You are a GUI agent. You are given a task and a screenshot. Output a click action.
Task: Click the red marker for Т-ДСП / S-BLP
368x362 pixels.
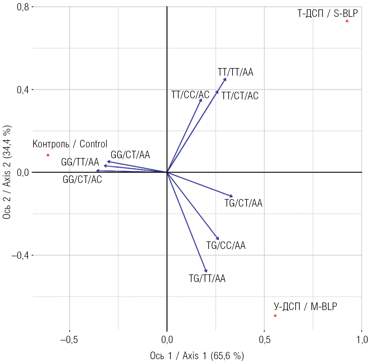[347, 21]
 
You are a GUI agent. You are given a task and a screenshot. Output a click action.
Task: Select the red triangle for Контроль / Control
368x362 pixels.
[48, 155]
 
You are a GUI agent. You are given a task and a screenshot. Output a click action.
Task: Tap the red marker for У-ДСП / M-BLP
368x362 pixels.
[275, 315]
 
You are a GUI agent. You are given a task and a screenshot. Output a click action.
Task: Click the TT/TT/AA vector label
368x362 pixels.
[235, 72]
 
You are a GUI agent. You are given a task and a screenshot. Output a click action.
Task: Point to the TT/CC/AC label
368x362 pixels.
[190, 95]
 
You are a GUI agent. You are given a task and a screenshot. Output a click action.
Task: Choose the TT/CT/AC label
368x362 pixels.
[240, 96]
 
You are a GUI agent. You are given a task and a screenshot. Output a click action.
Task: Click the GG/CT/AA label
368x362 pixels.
[130, 155]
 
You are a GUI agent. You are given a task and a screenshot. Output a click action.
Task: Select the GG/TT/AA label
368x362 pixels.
[80, 162]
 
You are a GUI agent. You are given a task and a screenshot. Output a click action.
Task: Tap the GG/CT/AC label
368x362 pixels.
[82, 180]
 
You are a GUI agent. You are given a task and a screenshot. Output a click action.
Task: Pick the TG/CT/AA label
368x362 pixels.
[243, 203]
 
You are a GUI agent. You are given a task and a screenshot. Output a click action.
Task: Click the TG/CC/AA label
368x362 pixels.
[226, 246]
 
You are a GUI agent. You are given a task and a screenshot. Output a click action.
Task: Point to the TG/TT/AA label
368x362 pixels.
[207, 279]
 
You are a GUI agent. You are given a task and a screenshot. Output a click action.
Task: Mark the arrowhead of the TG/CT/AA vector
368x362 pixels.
[232, 196]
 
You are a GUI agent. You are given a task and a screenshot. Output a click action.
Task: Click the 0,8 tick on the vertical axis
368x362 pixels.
[23, 7]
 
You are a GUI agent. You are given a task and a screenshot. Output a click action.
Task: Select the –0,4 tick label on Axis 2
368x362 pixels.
[20, 255]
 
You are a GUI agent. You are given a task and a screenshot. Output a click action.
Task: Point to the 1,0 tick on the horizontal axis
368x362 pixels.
[362, 340]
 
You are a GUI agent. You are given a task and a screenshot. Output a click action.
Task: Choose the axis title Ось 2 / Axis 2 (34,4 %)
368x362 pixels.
[7, 172]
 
